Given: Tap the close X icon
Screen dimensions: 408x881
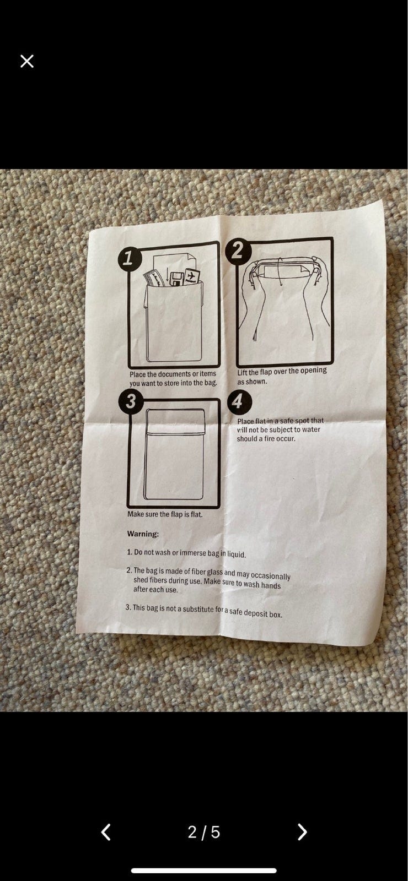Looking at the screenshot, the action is [x=27, y=61].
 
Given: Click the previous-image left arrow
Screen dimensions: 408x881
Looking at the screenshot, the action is [x=105, y=832].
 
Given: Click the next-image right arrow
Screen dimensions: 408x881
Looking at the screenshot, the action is [x=302, y=832].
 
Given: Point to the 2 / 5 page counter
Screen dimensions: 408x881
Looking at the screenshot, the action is [x=203, y=832].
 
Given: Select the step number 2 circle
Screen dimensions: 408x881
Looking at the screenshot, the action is [x=237, y=250].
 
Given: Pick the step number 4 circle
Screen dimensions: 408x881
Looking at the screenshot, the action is [x=238, y=401].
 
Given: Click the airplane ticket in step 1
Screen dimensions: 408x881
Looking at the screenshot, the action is [x=191, y=276].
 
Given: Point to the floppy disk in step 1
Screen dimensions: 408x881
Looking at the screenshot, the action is [x=176, y=279].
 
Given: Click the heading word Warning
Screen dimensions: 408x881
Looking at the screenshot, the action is [x=143, y=534].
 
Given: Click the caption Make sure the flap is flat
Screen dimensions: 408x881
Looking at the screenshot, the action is [x=165, y=514].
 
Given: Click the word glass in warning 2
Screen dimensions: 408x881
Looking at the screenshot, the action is [x=214, y=572].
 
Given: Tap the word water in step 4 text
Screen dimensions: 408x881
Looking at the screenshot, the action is [x=312, y=429].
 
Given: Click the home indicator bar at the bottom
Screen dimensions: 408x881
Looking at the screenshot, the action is [x=203, y=871].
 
